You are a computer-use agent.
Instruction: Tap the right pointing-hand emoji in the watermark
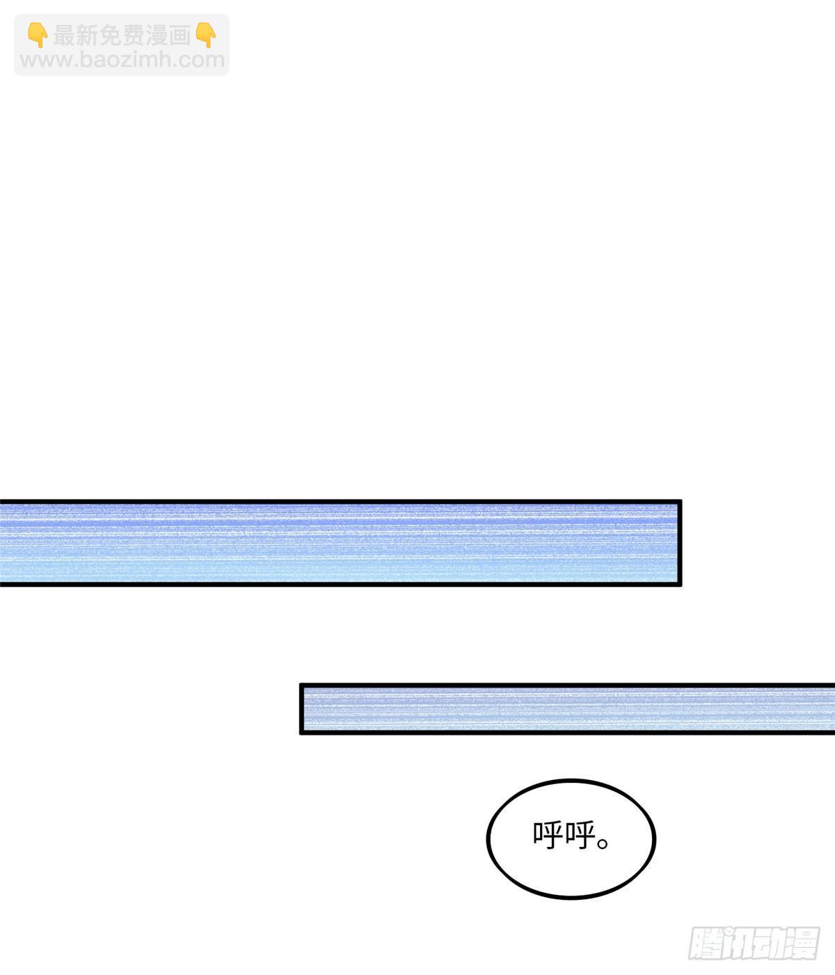[205, 35]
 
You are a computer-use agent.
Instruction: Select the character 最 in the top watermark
[65, 36]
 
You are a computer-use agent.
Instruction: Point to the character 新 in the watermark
[88, 36]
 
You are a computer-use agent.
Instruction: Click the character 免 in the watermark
[111, 36]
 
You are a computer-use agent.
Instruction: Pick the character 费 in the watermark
[134, 36]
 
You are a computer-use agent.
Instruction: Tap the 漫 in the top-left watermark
[157, 36]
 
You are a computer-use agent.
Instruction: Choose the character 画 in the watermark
[180, 36]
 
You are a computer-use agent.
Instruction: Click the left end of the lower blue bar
[301, 708]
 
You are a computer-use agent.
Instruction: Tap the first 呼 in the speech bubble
[548, 835]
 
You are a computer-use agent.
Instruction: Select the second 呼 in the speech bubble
[580, 835]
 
